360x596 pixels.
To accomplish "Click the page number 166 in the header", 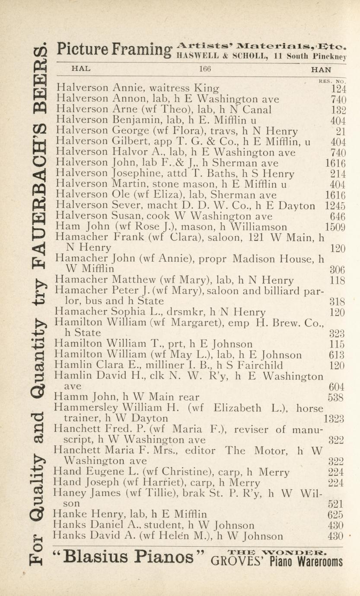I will (205, 69).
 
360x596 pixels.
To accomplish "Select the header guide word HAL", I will (81, 69).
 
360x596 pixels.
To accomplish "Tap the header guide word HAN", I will (321, 70).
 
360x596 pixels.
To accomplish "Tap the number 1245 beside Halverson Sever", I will (335, 206).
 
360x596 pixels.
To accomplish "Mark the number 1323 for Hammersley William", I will (334, 418).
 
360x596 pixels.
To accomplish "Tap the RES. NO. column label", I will (332, 81).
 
